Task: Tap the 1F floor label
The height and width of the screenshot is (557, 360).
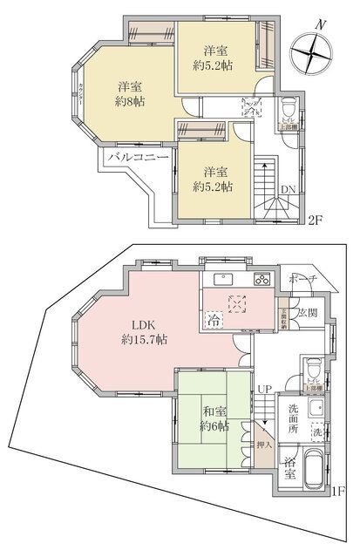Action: [x=336, y=491]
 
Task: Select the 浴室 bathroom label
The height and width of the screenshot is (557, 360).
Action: [x=289, y=468]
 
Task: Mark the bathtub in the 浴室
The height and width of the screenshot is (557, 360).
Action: [x=314, y=471]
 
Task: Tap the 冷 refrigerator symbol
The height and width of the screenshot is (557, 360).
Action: [x=214, y=320]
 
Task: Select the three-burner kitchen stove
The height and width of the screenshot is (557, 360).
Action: [x=262, y=280]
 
